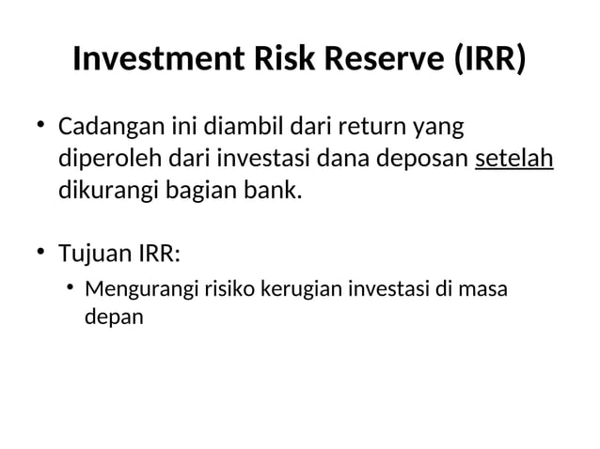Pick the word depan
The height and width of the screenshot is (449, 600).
click(115, 317)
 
